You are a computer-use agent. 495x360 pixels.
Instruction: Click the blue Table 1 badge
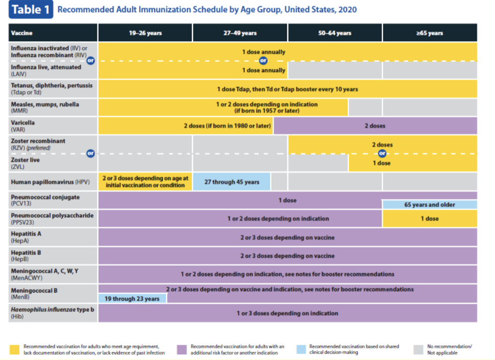(30, 10)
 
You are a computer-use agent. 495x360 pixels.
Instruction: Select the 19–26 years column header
(145, 33)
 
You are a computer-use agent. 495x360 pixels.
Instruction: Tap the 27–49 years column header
(240, 33)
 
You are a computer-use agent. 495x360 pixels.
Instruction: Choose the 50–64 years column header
(335, 33)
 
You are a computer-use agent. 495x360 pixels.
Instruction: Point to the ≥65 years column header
(429, 33)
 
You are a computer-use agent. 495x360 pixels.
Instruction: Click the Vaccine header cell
(53, 33)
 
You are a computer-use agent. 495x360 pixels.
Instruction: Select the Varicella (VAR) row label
(53, 126)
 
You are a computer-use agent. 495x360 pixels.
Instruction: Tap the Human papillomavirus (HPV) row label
(53, 182)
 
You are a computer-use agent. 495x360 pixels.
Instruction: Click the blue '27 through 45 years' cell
(232, 182)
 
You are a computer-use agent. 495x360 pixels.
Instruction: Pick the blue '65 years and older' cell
(429, 204)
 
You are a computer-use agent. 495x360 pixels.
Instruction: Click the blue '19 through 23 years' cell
(132, 299)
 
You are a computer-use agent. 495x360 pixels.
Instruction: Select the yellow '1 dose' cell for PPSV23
(429, 219)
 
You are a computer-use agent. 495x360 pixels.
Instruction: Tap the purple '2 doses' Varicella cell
(375, 125)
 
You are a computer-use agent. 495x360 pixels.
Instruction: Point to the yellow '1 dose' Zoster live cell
(412, 163)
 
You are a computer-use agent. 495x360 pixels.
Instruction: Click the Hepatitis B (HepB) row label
(53, 255)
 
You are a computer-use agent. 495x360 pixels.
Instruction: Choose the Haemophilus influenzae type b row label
(53, 313)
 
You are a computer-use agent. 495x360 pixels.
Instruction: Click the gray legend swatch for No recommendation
(418, 349)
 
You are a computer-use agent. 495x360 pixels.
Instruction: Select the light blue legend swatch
(302, 349)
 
